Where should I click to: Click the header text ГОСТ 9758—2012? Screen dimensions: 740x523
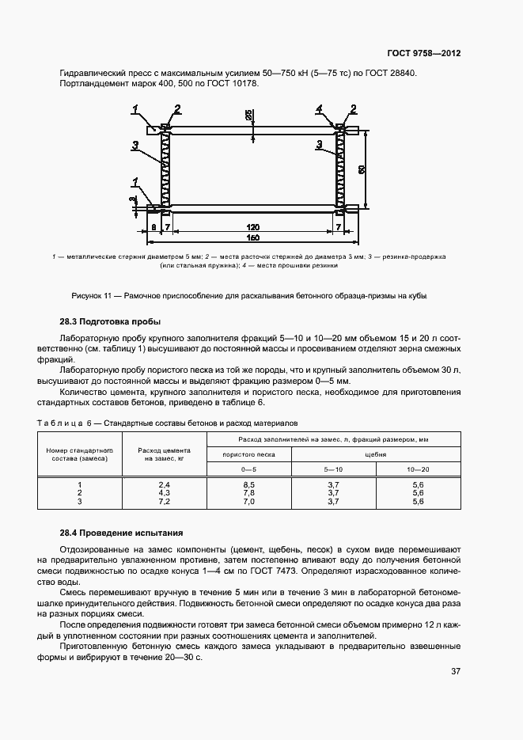click(424, 53)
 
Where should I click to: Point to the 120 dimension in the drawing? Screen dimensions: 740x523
click(252, 227)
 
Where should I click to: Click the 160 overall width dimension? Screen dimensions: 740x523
click(252, 238)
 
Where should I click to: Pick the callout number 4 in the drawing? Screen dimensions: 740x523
click(319, 108)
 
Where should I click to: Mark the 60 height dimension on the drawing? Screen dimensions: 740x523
click(361, 169)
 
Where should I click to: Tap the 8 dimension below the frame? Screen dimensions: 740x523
click(152, 227)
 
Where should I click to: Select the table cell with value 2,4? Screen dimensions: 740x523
click(165, 484)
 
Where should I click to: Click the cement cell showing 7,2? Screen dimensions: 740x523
click(165, 501)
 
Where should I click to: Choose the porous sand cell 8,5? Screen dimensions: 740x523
click(248, 484)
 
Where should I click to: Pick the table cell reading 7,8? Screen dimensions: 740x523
click(248, 492)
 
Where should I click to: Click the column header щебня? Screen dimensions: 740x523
click(376, 454)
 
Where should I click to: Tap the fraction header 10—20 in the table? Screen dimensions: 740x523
click(419, 469)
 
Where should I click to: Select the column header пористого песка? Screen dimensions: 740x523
click(248, 454)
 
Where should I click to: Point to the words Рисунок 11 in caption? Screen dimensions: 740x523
click(93, 295)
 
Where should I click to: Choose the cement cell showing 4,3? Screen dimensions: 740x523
click(165, 492)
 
